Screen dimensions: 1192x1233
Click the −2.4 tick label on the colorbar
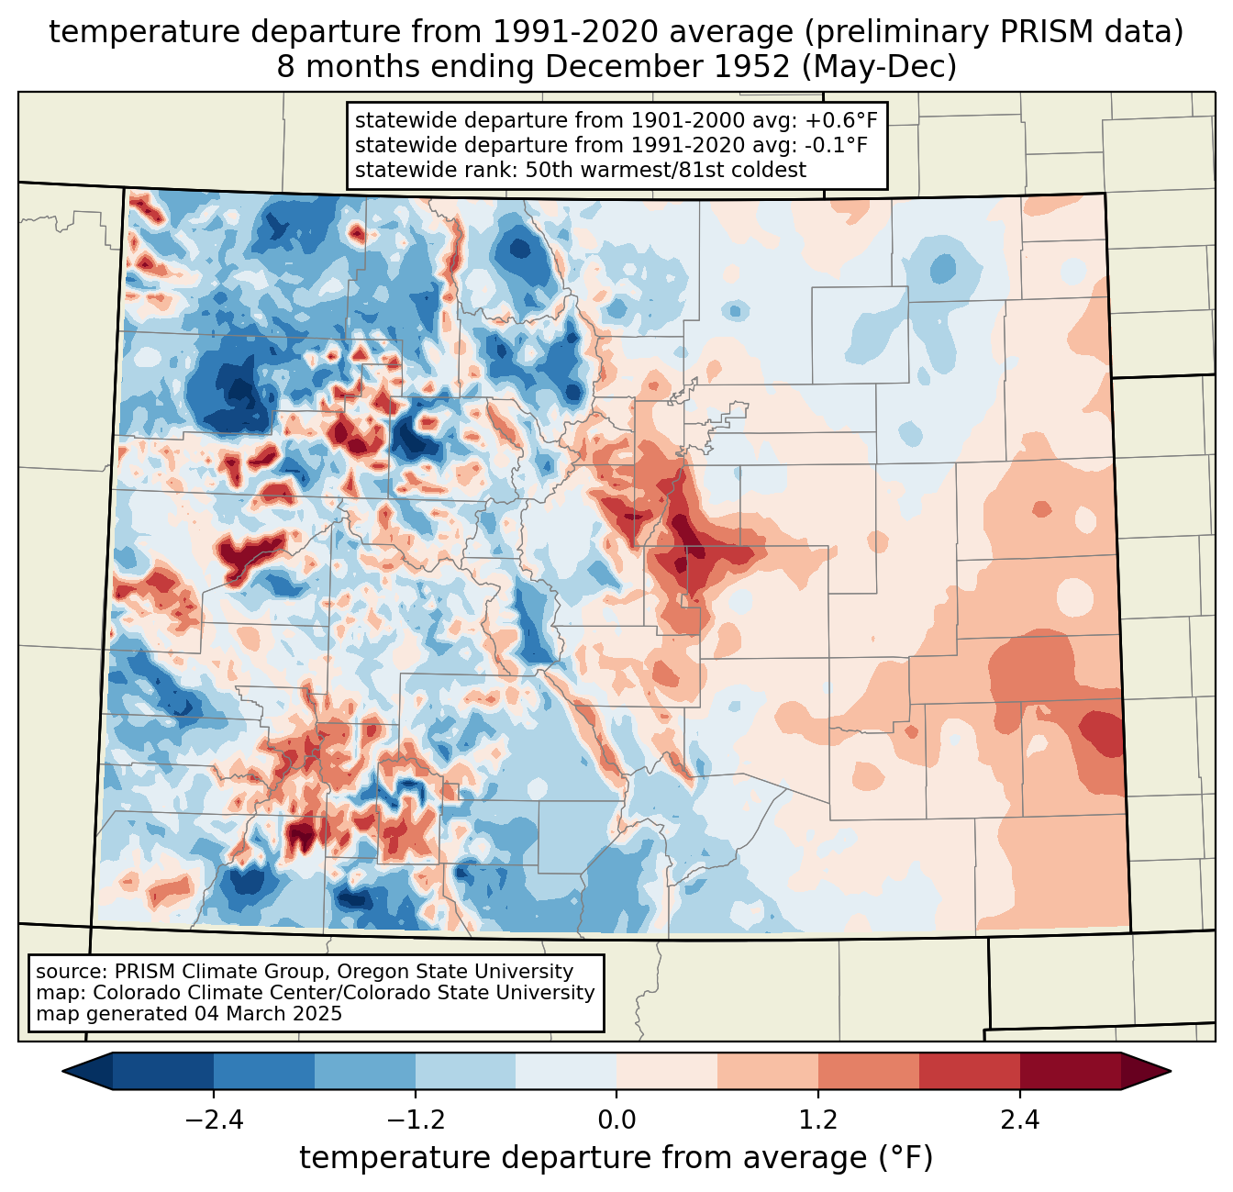click(x=214, y=1120)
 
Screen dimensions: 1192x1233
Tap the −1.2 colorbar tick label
click(x=416, y=1120)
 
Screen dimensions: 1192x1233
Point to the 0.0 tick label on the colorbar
click(x=616, y=1120)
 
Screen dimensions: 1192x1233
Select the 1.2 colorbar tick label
click(x=818, y=1120)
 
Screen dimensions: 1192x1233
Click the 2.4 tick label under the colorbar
click(x=1020, y=1120)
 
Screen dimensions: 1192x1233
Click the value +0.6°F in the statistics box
click(x=840, y=120)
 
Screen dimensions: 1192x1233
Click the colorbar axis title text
click(x=616, y=1158)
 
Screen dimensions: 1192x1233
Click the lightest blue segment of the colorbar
click(x=566, y=1071)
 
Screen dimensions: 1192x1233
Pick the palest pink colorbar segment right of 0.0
click(x=667, y=1071)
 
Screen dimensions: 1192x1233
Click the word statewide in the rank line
click(x=396, y=170)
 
